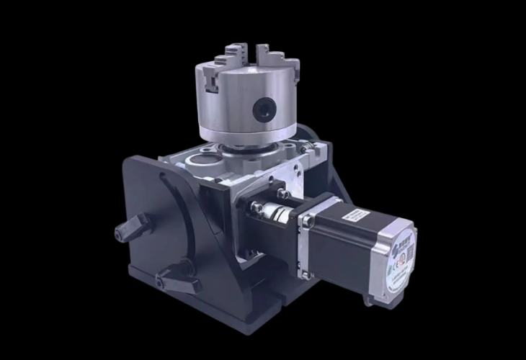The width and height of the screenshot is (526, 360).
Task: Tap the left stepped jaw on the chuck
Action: tap(212, 78)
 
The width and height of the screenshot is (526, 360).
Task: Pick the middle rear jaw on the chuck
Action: tap(233, 51)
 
